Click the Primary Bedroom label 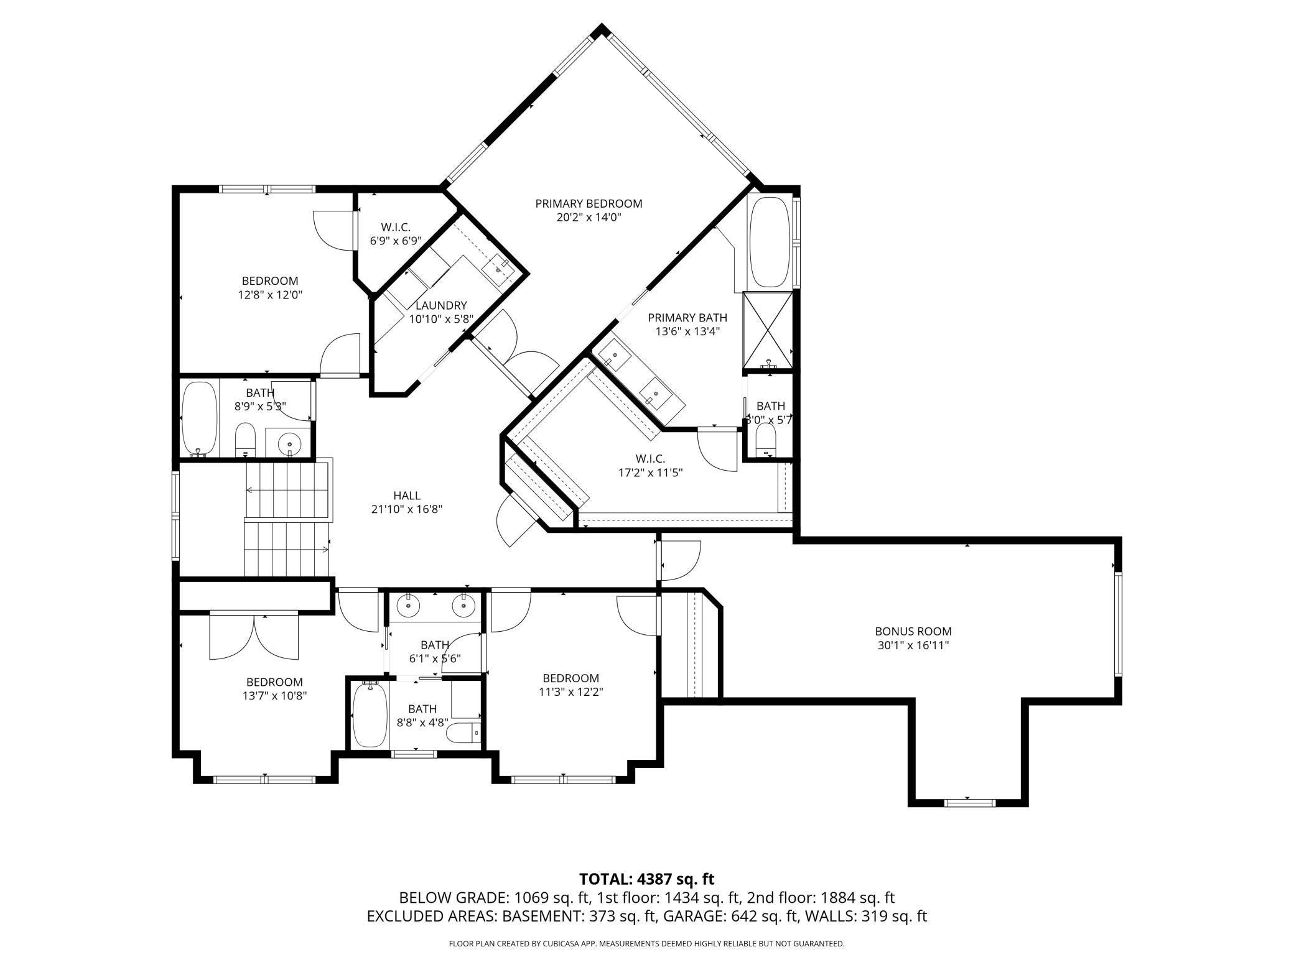[589, 203]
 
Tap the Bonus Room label [913, 632]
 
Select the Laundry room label [441, 305]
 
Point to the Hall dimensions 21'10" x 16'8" [407, 509]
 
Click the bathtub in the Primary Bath [770, 242]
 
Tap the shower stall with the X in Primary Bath [768, 330]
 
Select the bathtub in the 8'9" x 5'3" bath [199, 418]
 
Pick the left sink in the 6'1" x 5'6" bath [409, 603]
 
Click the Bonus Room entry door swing [681, 561]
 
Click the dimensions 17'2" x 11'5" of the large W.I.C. [650, 473]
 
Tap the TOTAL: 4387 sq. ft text [647, 879]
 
